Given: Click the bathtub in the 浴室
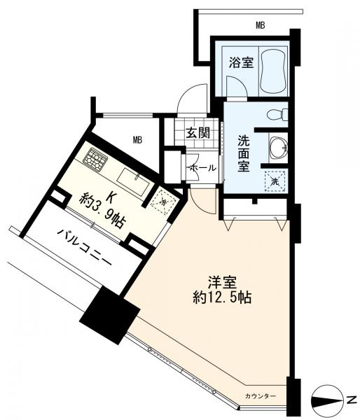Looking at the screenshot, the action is click(x=273, y=71).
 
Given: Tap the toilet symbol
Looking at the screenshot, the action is click(x=277, y=114).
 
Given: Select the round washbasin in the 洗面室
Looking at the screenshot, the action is click(x=278, y=147).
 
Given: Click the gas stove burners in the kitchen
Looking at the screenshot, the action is click(x=95, y=157).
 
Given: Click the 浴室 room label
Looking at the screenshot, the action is click(x=241, y=63).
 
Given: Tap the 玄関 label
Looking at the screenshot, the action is click(x=198, y=132).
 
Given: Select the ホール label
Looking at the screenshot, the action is click(x=202, y=168).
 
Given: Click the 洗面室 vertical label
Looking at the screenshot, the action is click(x=244, y=153).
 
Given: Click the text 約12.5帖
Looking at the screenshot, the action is click(x=222, y=297).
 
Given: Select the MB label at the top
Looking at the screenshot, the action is click(x=260, y=26).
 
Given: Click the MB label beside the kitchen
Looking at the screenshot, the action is click(x=138, y=140).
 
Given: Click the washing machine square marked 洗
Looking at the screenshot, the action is click(x=275, y=181).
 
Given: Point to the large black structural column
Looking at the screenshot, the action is click(x=110, y=315).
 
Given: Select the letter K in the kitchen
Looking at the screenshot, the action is click(x=110, y=197).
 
